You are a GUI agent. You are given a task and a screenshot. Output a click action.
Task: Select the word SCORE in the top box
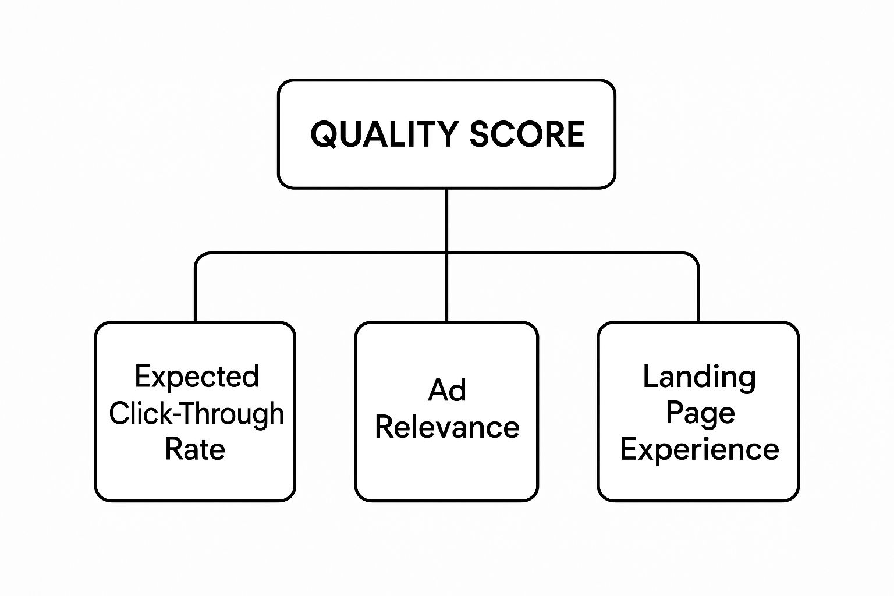coord(527,134)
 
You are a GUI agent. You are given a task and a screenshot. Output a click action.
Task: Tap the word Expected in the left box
coord(196,377)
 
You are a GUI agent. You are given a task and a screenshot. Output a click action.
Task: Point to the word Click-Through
coord(196,413)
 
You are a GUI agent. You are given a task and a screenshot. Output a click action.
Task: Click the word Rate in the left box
coord(195,449)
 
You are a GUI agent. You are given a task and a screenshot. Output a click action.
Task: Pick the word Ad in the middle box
coord(446,390)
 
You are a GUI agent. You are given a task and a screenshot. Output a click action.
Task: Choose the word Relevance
coord(446,427)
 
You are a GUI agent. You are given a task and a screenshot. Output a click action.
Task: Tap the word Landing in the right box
coord(699,377)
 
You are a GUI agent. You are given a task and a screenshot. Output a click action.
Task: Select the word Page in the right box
coord(700,414)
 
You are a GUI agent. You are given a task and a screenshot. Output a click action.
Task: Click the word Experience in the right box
coord(699,449)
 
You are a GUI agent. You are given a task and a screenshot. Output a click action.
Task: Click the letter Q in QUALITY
coord(324,135)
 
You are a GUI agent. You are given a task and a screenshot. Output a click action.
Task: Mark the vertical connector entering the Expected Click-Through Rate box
coord(195,297)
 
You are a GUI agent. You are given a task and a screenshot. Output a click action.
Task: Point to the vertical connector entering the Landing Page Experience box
coord(698,297)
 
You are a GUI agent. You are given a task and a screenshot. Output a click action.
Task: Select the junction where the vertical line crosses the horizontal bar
coord(446,253)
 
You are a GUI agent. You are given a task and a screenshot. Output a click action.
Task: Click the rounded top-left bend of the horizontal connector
coord(199,257)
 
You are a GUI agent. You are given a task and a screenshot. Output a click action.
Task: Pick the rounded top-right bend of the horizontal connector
coord(694,257)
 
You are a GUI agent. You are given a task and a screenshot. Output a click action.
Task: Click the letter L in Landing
coord(649,377)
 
